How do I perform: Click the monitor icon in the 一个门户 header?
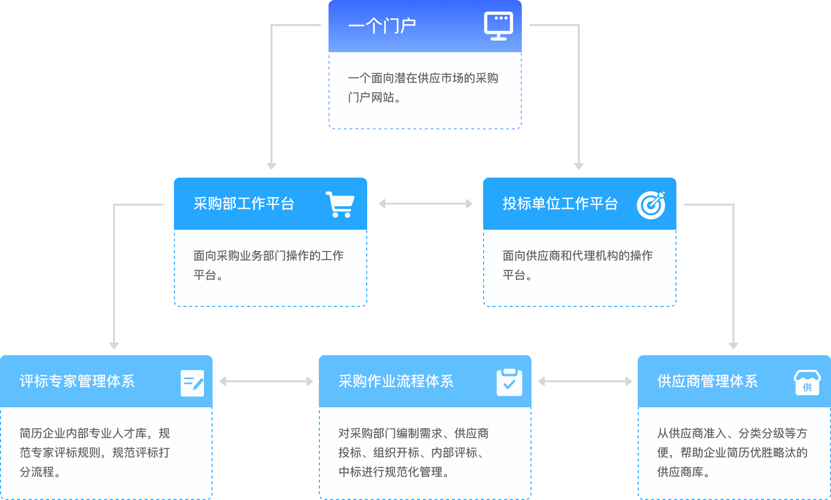(x=499, y=26)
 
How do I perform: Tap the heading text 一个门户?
(x=382, y=26)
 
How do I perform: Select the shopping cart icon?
(x=340, y=204)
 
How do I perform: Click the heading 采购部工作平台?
(x=244, y=204)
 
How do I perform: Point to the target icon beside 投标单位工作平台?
(x=651, y=205)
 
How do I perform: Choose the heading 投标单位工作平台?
(x=560, y=204)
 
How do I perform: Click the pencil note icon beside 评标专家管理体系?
(x=192, y=383)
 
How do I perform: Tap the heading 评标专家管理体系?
(x=77, y=381)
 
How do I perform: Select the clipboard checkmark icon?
(x=509, y=382)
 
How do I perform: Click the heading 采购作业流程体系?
(x=396, y=381)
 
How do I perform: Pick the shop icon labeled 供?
(x=807, y=383)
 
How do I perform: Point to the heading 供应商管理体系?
(x=708, y=381)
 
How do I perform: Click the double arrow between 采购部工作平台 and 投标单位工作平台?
(x=426, y=204)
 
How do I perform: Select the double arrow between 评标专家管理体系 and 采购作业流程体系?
(x=266, y=381)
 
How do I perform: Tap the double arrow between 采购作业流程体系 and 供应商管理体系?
(x=585, y=381)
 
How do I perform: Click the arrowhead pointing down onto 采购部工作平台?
(x=272, y=166)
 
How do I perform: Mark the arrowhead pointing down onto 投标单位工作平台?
(x=579, y=166)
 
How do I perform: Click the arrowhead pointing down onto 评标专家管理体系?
(x=114, y=346)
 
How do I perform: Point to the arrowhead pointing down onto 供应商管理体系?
(x=733, y=346)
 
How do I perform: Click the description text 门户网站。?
(x=374, y=97)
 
